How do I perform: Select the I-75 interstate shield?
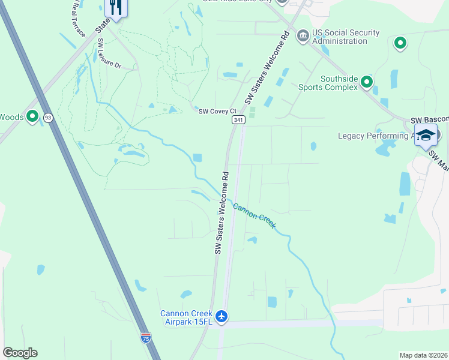click(x=146, y=338)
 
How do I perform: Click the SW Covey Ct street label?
click(x=217, y=111)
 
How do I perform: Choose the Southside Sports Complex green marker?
click(x=366, y=83)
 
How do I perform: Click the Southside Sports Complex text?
click(x=339, y=83)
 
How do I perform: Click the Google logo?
click(x=20, y=353)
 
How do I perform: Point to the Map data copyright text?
click(x=424, y=355)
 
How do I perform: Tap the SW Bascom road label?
click(x=429, y=121)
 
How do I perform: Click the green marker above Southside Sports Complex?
click(x=400, y=43)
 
